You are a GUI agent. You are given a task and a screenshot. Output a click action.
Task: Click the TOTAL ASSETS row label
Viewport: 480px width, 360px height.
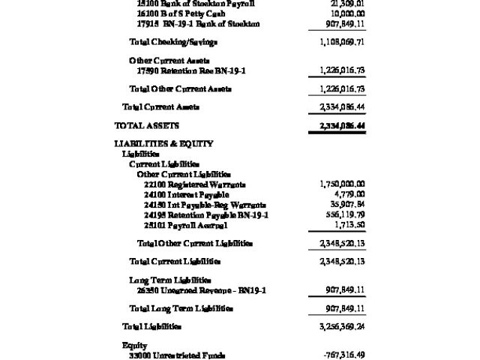pyautogui.click(x=147, y=125)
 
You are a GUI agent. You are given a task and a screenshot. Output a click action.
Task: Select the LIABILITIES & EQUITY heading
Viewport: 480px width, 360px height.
pyautogui.click(x=163, y=143)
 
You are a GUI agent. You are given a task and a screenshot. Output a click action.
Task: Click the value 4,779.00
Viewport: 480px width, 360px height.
pyautogui.click(x=349, y=195)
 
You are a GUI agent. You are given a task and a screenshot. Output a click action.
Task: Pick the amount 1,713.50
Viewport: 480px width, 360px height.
pyautogui.click(x=349, y=225)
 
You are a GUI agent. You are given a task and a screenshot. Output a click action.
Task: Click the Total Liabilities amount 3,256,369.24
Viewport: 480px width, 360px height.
pyautogui.click(x=337, y=327)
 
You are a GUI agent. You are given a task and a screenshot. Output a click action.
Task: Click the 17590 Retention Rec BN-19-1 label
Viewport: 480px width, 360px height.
pyautogui.click(x=191, y=70)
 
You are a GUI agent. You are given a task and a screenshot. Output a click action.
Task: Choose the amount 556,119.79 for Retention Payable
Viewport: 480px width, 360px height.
pyautogui.click(x=342, y=215)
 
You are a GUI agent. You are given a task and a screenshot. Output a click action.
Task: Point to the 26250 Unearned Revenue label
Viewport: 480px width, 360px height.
pyautogui.click(x=197, y=289)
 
